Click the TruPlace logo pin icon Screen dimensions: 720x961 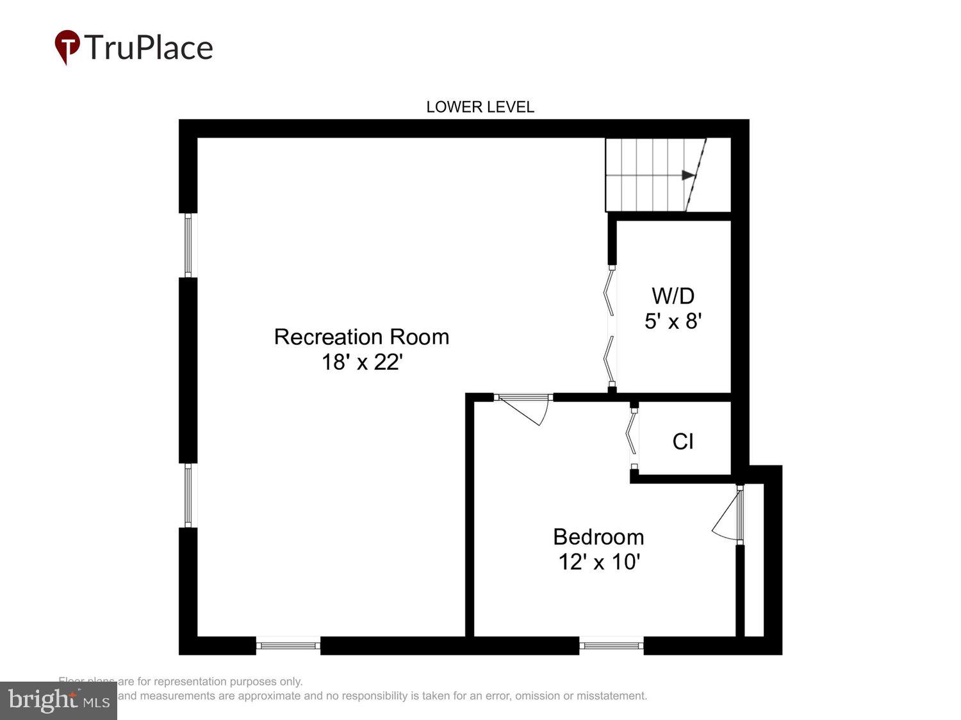(x=67, y=46)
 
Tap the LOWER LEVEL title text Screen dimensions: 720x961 (x=480, y=107)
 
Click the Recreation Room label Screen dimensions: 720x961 (x=361, y=337)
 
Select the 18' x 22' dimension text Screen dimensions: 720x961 (x=361, y=362)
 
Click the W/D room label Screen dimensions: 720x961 (x=673, y=296)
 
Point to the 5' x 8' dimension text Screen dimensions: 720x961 (x=673, y=321)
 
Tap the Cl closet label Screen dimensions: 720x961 (x=683, y=441)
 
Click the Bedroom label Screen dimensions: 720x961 (x=598, y=536)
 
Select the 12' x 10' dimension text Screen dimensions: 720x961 (x=598, y=562)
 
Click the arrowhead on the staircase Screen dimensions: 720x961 (x=688, y=175)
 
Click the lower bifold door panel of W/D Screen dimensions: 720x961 (x=609, y=358)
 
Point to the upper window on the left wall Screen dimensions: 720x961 (x=188, y=245)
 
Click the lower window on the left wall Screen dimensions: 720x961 (x=188, y=495)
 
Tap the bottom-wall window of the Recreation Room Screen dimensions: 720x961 (x=288, y=645)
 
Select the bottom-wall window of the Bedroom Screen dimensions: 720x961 (x=611, y=645)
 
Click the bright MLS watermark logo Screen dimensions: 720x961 (x=58, y=700)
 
